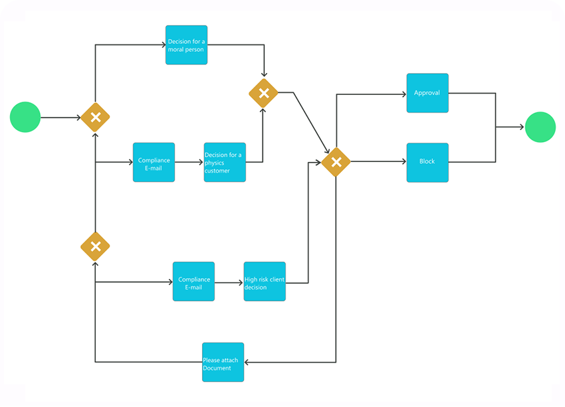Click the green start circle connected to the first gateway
click(25, 117)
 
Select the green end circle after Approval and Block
click(540, 127)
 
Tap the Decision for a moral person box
click(186, 45)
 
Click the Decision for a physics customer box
click(225, 162)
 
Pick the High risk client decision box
click(265, 282)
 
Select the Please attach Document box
click(223, 362)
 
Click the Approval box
click(427, 93)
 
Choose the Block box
click(427, 162)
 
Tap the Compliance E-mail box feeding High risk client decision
click(193, 282)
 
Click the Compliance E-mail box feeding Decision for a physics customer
click(154, 162)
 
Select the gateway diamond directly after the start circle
click(95, 118)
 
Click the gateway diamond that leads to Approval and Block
click(336, 162)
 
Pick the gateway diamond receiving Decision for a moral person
click(263, 93)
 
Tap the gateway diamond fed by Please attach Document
click(95, 246)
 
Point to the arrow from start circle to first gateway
click(60, 118)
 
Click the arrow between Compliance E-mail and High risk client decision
click(229, 282)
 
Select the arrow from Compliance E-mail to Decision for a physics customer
click(189, 162)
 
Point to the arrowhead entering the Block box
click(402, 162)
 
